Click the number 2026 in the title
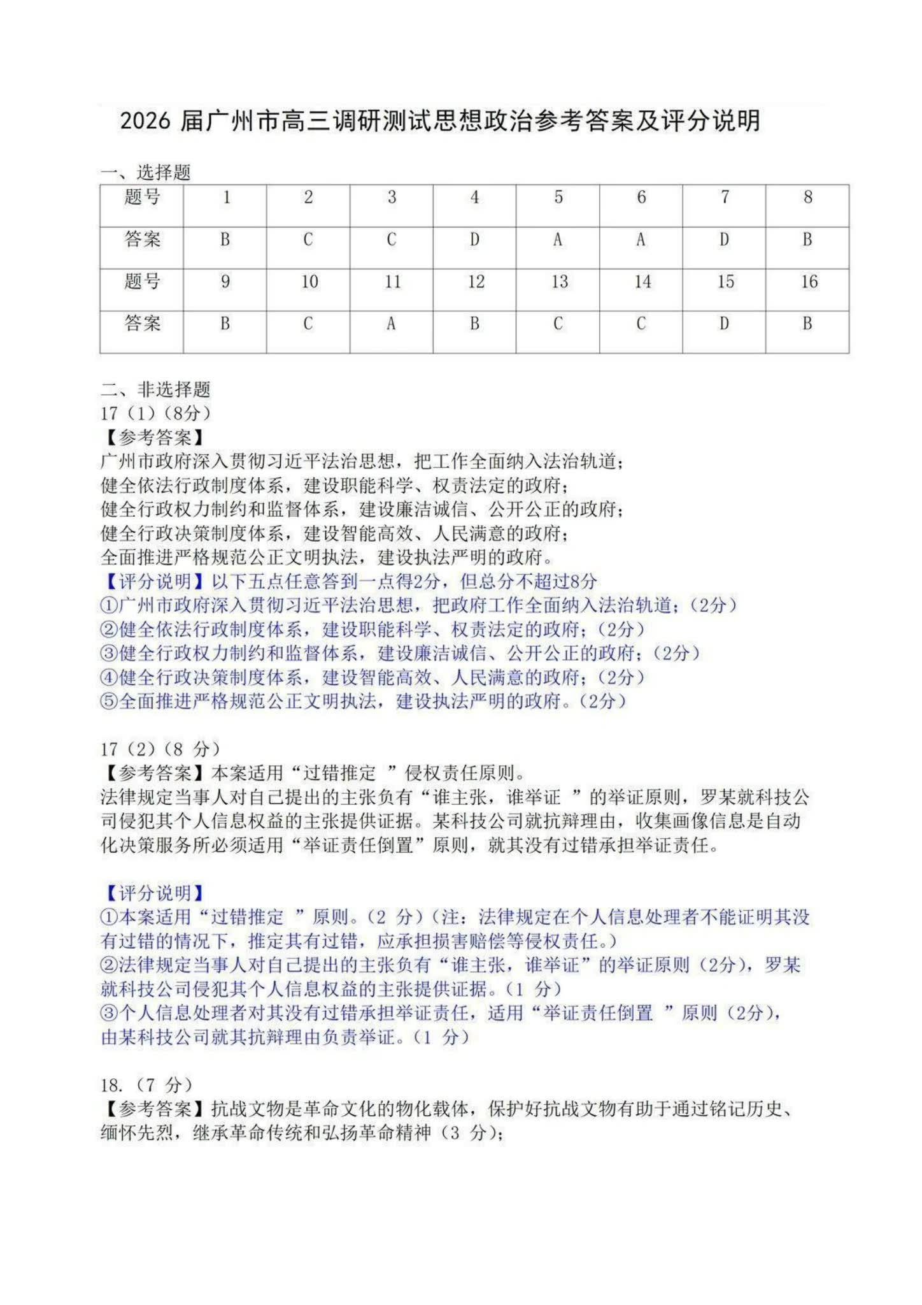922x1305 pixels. (145, 120)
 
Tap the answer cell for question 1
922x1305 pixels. (225, 247)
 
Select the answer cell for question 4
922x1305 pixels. (474, 247)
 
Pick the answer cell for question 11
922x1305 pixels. (391, 331)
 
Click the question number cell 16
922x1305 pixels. (807, 289)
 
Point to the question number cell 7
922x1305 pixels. (724, 205)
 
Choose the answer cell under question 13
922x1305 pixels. (558, 331)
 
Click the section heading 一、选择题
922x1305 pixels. (145, 172)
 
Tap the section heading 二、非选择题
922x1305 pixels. (155, 389)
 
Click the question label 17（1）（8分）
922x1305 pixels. (155, 413)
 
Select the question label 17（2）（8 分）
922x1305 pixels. (160, 749)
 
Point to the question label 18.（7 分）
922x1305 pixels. (146, 1085)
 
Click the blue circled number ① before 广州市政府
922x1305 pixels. (109, 605)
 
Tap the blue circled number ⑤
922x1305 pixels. (109, 702)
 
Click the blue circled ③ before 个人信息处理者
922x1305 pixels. (109, 1013)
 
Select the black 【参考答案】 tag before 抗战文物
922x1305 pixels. (155, 1109)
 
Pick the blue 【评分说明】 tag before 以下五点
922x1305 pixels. (155, 581)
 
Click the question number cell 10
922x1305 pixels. (308, 289)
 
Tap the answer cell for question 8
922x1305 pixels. (807, 247)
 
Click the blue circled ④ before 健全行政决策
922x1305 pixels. (109, 677)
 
